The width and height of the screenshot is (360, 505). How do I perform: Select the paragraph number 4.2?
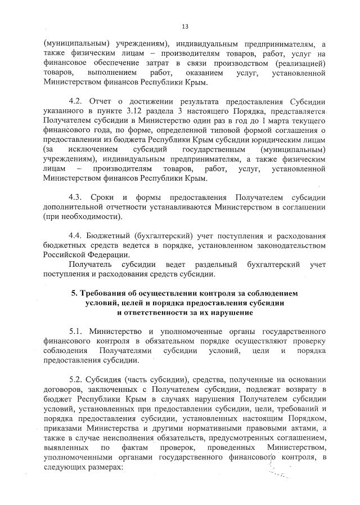tap(75, 101)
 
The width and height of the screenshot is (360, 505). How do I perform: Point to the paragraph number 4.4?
tap(75, 235)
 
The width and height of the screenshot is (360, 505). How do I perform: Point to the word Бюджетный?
tap(113, 235)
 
